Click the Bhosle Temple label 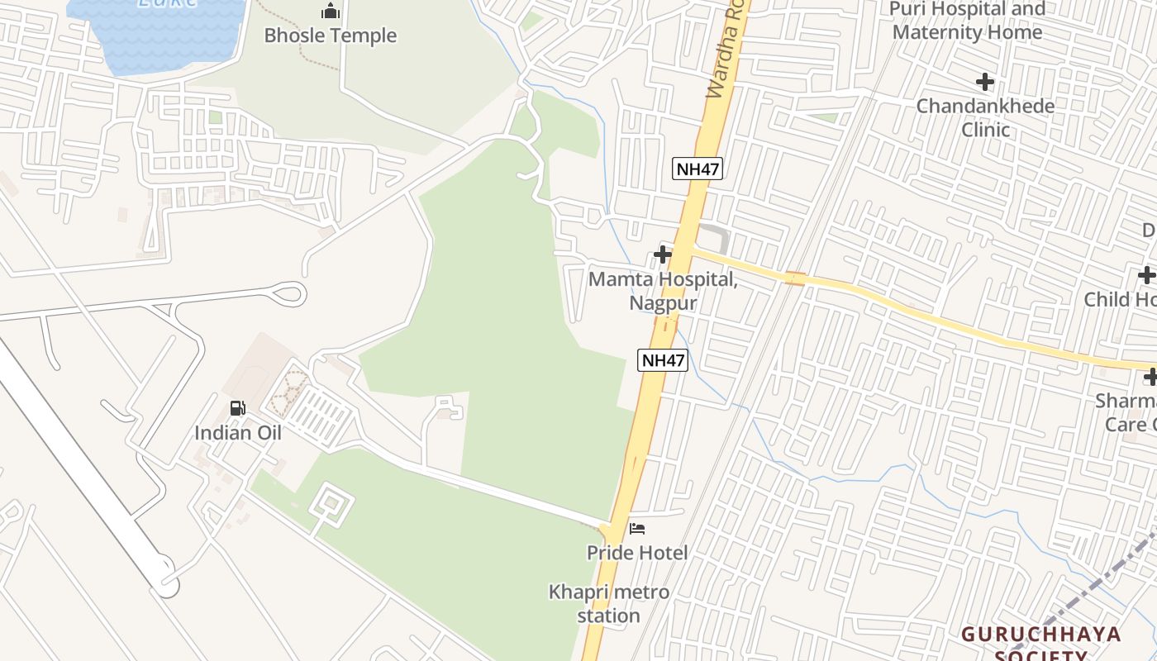(x=331, y=36)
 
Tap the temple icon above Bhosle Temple (x=331, y=12)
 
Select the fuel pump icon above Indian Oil (x=237, y=408)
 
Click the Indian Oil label (x=238, y=433)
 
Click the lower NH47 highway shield (x=663, y=360)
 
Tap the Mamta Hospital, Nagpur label (x=663, y=291)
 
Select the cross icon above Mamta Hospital (x=662, y=254)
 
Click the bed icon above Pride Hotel (x=637, y=529)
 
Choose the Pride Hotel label (x=637, y=552)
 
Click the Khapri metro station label (x=609, y=604)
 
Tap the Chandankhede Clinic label (x=985, y=117)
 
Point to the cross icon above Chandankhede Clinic (x=984, y=82)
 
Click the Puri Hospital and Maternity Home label (x=967, y=21)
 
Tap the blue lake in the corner (x=157, y=33)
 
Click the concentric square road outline (x=331, y=502)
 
